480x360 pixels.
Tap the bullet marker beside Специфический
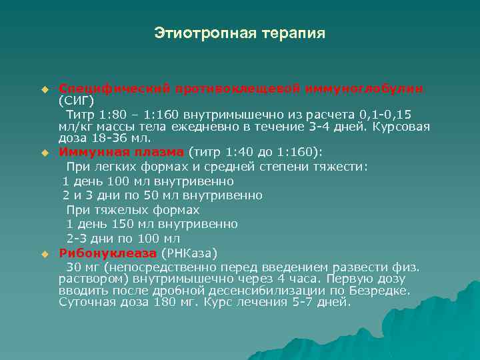pyautogui.click(x=45, y=89)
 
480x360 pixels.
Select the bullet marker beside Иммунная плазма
pyautogui.click(x=45, y=153)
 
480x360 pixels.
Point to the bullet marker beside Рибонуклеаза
pyautogui.click(x=45, y=254)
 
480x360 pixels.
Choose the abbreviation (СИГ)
pyautogui.click(x=77, y=101)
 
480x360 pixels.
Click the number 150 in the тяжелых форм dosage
pyautogui.click(x=115, y=224)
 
